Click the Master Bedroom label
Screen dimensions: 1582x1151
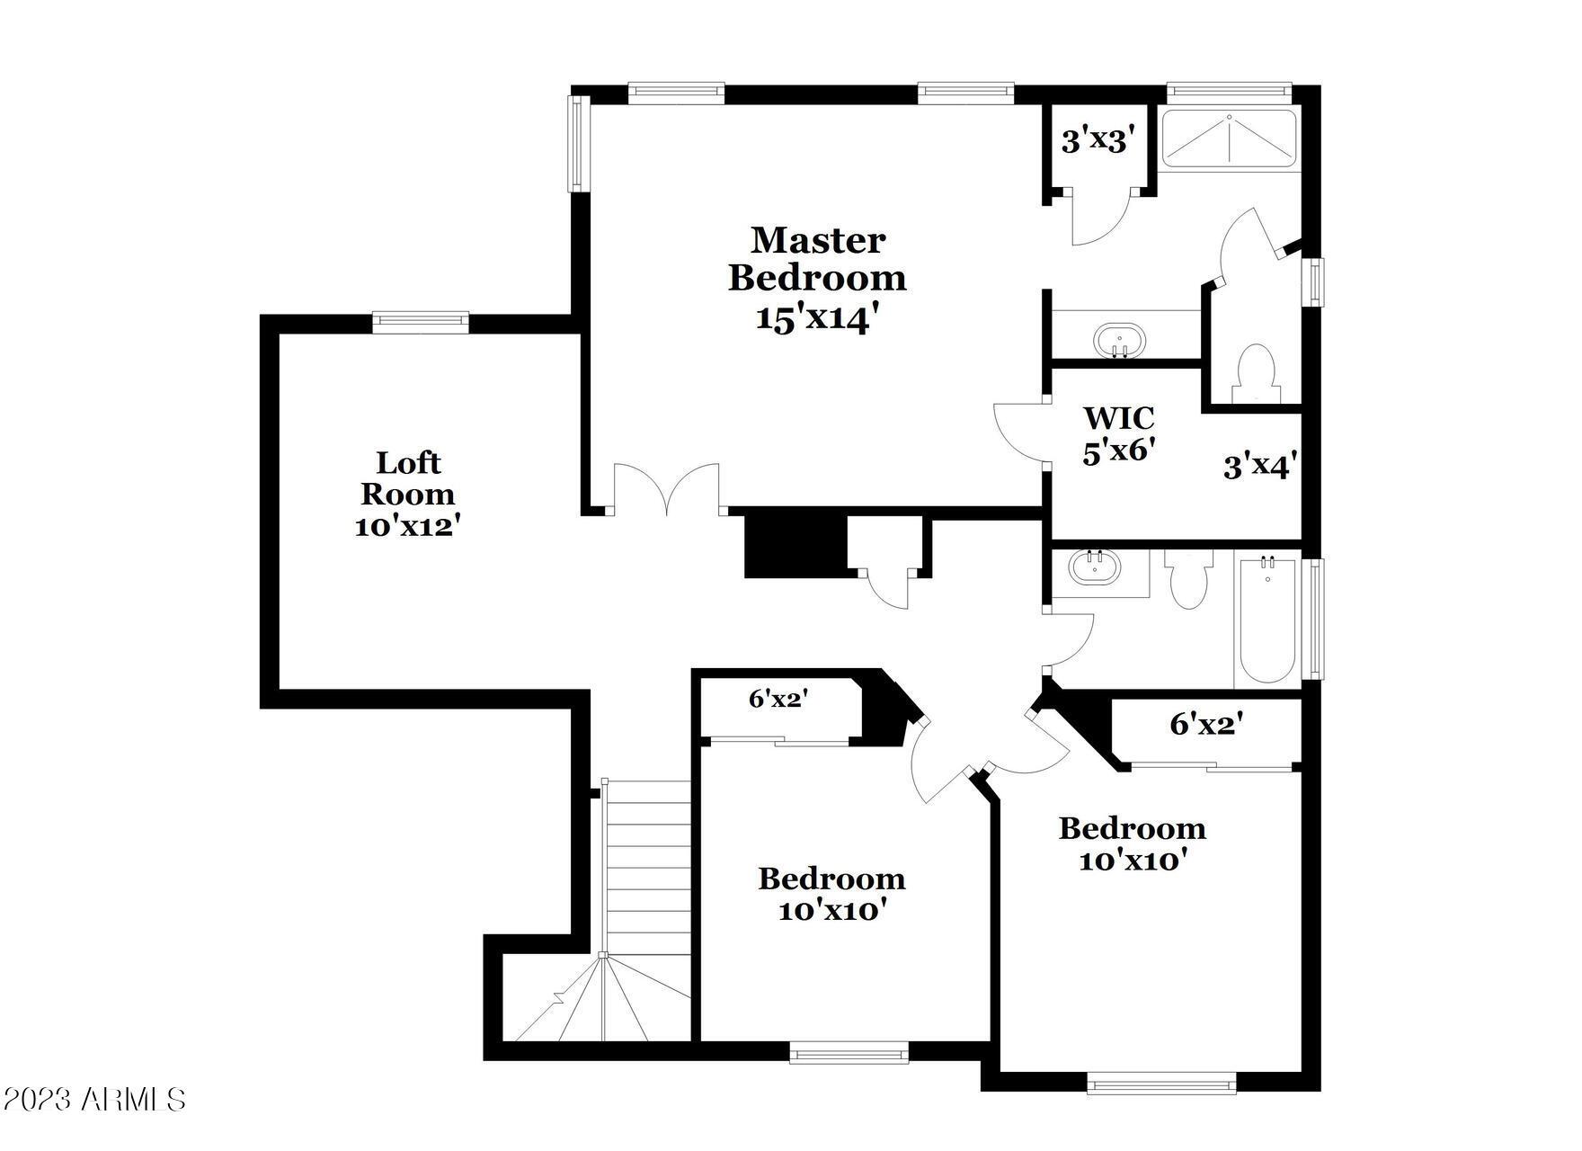click(x=817, y=259)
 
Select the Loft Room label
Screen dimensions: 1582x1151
click(x=408, y=478)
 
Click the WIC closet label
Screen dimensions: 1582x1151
click(x=1118, y=418)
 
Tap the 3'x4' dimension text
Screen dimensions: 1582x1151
click(x=1259, y=467)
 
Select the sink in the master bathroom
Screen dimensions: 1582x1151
click(x=1120, y=341)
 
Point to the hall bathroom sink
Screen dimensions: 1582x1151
click(x=1096, y=567)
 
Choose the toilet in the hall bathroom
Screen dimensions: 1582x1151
click(x=1188, y=578)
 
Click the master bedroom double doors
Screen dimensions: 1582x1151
click(x=666, y=489)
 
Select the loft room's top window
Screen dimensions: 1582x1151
click(x=421, y=322)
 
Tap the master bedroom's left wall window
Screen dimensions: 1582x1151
click(x=577, y=144)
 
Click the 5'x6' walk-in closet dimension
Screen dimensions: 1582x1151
click(x=1118, y=451)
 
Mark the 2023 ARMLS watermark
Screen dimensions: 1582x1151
click(x=93, y=1099)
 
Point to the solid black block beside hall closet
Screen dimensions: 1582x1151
click(x=796, y=547)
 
